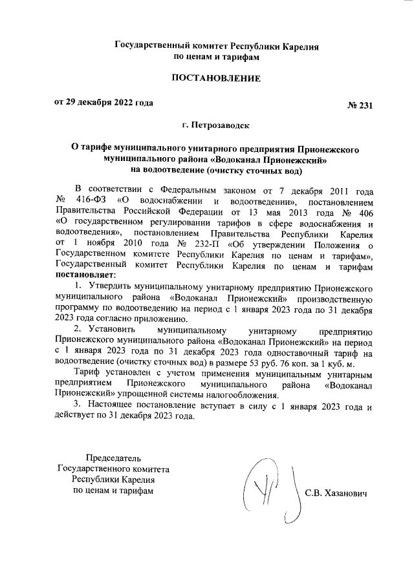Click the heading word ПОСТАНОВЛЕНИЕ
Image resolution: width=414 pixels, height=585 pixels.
point(216,79)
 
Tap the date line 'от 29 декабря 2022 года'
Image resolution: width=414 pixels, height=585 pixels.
point(103,103)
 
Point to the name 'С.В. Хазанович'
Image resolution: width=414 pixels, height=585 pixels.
point(336,493)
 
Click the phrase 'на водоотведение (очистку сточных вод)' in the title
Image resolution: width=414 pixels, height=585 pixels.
point(216,171)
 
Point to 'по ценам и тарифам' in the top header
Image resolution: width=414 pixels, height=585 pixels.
point(216,57)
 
